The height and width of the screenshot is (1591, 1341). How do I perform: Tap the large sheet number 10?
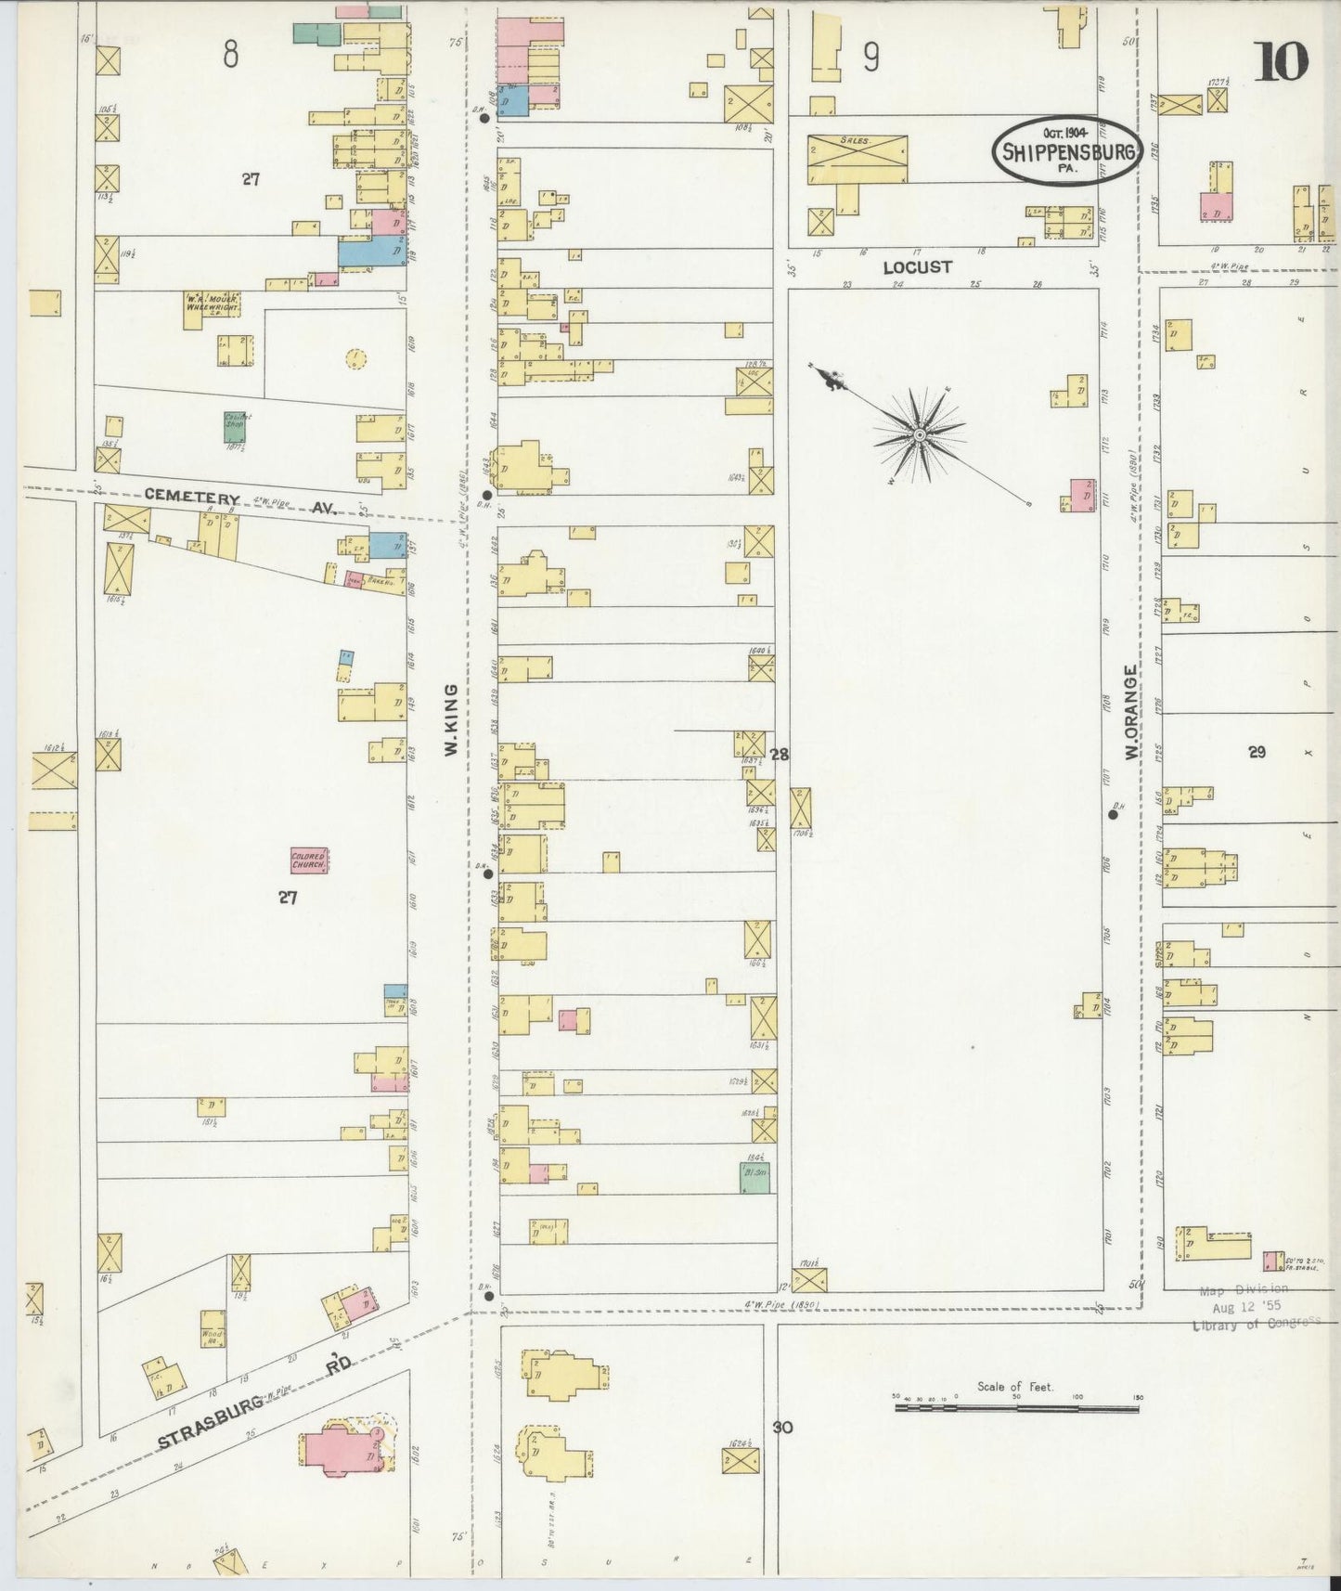click(1282, 62)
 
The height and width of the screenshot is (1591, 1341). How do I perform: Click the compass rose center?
click(919, 434)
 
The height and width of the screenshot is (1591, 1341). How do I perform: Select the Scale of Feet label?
click(1015, 1387)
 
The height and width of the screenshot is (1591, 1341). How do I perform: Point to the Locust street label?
click(917, 267)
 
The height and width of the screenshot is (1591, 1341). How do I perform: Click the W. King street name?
click(452, 719)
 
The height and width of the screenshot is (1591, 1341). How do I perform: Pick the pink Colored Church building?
click(309, 860)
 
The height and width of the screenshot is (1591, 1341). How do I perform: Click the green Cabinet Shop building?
click(234, 426)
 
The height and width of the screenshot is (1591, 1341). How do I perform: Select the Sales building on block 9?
click(857, 159)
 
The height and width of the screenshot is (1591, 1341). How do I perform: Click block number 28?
click(780, 755)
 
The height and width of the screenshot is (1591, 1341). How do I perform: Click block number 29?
click(1257, 752)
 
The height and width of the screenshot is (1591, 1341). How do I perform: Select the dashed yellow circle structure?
click(354, 357)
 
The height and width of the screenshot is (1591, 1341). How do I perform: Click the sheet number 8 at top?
click(230, 56)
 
